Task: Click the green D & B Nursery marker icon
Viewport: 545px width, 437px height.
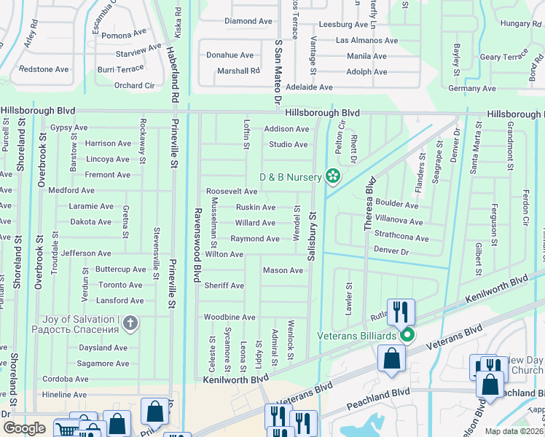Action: click(333, 176)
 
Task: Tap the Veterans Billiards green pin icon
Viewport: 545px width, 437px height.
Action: click(407, 335)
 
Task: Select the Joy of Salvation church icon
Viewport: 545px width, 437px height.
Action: click(130, 323)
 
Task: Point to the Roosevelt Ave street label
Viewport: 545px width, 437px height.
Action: click(232, 192)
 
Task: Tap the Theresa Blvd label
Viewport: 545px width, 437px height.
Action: click(369, 204)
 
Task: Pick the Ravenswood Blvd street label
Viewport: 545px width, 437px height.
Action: click(196, 244)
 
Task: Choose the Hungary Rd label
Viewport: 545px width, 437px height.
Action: click(520, 24)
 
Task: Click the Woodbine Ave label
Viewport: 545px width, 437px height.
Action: click(230, 318)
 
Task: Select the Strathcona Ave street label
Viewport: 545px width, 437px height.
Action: click(401, 237)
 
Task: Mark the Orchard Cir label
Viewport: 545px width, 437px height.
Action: click(134, 85)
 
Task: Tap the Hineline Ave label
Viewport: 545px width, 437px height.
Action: click(64, 394)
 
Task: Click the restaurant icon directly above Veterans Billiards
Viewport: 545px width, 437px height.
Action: click(401, 312)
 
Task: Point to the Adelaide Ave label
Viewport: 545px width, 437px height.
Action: click(309, 87)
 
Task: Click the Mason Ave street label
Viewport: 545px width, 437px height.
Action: click(283, 270)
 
